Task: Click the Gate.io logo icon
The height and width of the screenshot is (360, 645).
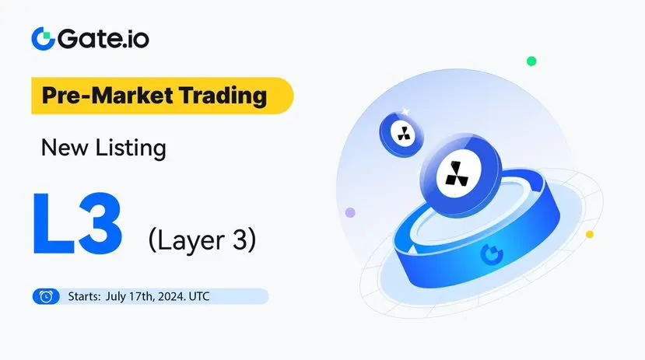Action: pyautogui.click(x=44, y=39)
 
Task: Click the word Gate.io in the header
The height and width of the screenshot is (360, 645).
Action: pyautogui.click(x=103, y=39)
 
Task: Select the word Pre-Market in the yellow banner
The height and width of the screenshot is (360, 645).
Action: pyautogui.click(x=107, y=96)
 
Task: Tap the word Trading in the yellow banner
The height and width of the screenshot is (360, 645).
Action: pyautogui.click(x=223, y=96)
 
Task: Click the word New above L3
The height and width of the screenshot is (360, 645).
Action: pyautogui.click(x=65, y=147)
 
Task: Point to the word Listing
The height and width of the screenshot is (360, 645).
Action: pyautogui.click(x=131, y=148)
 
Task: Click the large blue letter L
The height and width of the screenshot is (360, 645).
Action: pyautogui.click(x=53, y=222)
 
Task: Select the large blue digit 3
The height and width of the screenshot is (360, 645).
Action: pyautogui.click(x=100, y=223)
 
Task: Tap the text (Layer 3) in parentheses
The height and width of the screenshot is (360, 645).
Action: pyautogui.click(x=202, y=240)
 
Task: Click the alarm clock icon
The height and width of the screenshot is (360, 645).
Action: pyautogui.click(x=46, y=296)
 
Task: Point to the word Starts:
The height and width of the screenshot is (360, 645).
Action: pyautogui.click(x=84, y=296)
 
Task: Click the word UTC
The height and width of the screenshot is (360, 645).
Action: pyautogui.click(x=199, y=296)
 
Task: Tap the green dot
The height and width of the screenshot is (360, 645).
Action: pyautogui.click(x=531, y=61)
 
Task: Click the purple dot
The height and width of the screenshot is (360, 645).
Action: pyautogui.click(x=350, y=212)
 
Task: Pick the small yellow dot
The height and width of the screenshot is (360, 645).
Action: pyautogui.click(x=590, y=234)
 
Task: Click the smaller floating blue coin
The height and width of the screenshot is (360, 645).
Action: pyautogui.click(x=401, y=134)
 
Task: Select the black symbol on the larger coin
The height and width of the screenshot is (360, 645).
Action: pyautogui.click(x=457, y=173)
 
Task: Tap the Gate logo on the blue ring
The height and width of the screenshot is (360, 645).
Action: pyautogui.click(x=492, y=254)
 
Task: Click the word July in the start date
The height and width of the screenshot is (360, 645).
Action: pyautogui.click(x=116, y=296)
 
